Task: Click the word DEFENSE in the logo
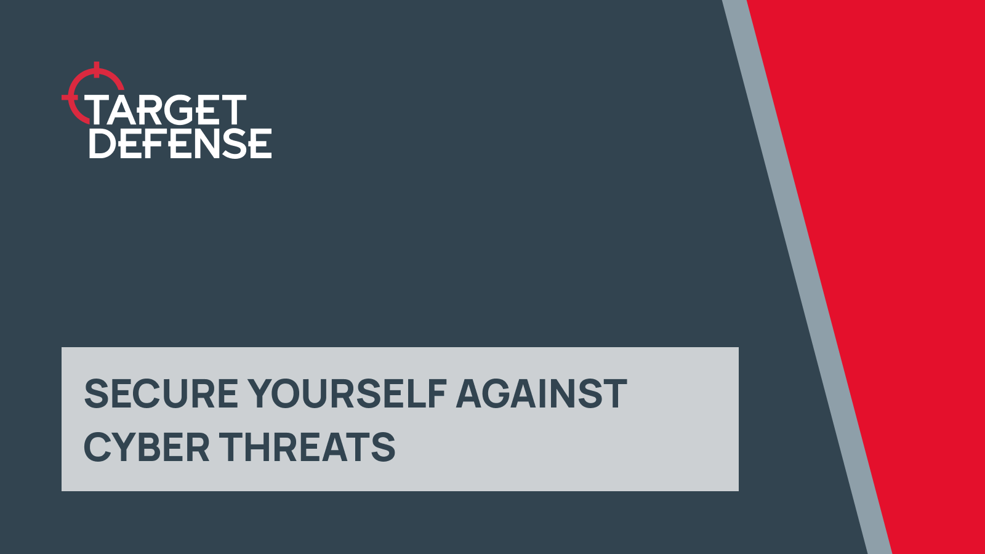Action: (x=180, y=144)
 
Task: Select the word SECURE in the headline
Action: (x=161, y=394)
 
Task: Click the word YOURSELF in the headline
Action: (x=347, y=394)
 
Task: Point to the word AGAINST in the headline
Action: (x=541, y=394)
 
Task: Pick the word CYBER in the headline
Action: (x=147, y=448)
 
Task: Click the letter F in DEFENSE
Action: (x=164, y=144)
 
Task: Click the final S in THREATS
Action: (x=384, y=448)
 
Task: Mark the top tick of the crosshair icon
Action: (x=96, y=67)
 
